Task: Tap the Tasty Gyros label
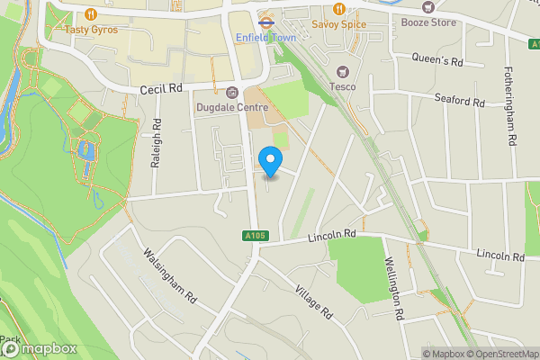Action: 91,30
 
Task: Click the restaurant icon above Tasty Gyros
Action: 91,14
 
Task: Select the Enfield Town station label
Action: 265,38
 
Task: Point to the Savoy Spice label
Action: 340,23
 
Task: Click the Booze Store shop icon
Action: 428,7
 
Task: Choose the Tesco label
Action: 342,86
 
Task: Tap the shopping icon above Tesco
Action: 342,71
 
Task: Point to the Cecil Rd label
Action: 162,90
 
